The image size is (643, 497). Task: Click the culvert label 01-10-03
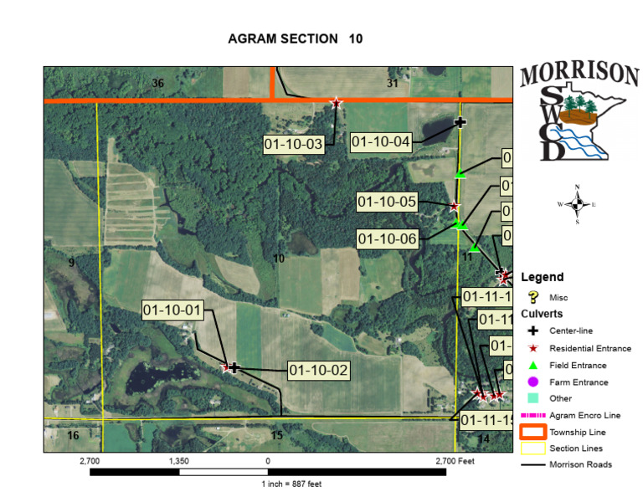click(x=293, y=145)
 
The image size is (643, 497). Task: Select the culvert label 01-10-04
click(x=381, y=142)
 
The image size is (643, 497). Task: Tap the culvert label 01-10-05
click(x=387, y=202)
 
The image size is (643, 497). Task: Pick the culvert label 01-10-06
click(x=387, y=239)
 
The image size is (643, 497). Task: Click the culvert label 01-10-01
click(x=173, y=310)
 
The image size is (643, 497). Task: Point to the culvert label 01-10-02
click(x=317, y=370)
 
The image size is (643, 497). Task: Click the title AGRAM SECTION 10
click(x=296, y=39)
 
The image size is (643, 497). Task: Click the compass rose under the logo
click(x=577, y=203)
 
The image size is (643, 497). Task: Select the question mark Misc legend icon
click(x=532, y=297)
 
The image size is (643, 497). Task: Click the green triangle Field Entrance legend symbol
click(x=532, y=365)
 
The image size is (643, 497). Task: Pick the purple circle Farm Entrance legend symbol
click(x=532, y=382)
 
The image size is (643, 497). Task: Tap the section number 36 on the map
click(x=157, y=83)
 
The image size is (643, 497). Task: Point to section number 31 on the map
click(x=393, y=83)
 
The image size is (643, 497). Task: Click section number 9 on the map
click(x=72, y=263)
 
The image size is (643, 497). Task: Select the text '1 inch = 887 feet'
click(x=291, y=484)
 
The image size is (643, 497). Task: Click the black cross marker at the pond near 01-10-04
click(x=460, y=122)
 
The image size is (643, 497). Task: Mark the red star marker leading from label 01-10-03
click(x=337, y=102)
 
